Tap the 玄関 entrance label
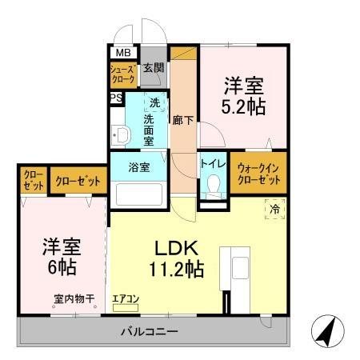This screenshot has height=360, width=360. pyautogui.click(x=153, y=68)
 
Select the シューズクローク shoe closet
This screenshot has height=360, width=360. pyautogui.click(x=123, y=76)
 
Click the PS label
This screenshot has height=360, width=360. pyautogui.click(x=117, y=98)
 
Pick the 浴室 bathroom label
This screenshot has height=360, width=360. pyautogui.click(x=139, y=167)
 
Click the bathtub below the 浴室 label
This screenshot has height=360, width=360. pyautogui.click(x=139, y=194)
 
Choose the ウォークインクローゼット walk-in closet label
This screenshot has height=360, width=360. pyautogui.click(x=258, y=173)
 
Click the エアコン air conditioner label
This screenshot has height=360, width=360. pyautogui.click(x=126, y=298)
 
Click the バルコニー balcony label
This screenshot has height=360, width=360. pyautogui.click(x=150, y=330)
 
